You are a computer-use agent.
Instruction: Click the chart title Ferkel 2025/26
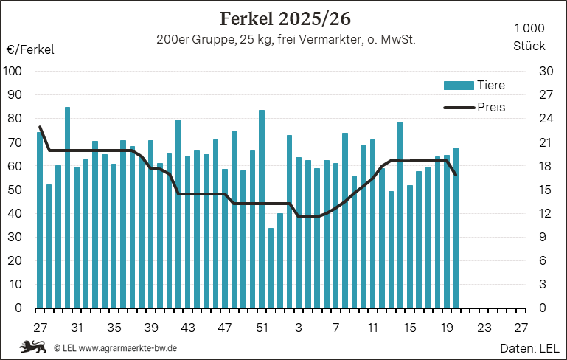click(285, 19)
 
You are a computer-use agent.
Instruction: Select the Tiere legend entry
click(474, 86)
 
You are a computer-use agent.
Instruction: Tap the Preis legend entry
click(474, 108)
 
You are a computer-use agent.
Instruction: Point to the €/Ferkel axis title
click(30, 49)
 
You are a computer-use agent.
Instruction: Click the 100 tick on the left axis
click(13, 71)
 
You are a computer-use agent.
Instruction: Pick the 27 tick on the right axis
click(546, 94)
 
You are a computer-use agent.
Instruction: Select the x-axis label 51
click(262, 328)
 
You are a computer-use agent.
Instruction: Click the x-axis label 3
click(299, 328)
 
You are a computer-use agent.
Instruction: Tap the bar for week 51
click(262, 209)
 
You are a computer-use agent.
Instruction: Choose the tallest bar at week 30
click(67, 208)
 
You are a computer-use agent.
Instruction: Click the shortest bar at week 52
click(271, 268)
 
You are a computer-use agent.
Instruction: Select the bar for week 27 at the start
click(39, 220)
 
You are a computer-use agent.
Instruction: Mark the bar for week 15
click(410, 246)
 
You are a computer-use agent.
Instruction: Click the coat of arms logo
click(33, 347)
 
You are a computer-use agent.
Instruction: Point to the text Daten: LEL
click(529, 348)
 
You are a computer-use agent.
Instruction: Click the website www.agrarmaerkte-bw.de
click(128, 348)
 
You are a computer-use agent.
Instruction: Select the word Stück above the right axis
click(529, 46)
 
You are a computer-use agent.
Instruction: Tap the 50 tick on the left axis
click(15, 190)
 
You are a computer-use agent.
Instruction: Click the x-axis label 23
click(484, 328)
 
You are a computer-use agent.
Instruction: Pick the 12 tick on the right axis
click(546, 213)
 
